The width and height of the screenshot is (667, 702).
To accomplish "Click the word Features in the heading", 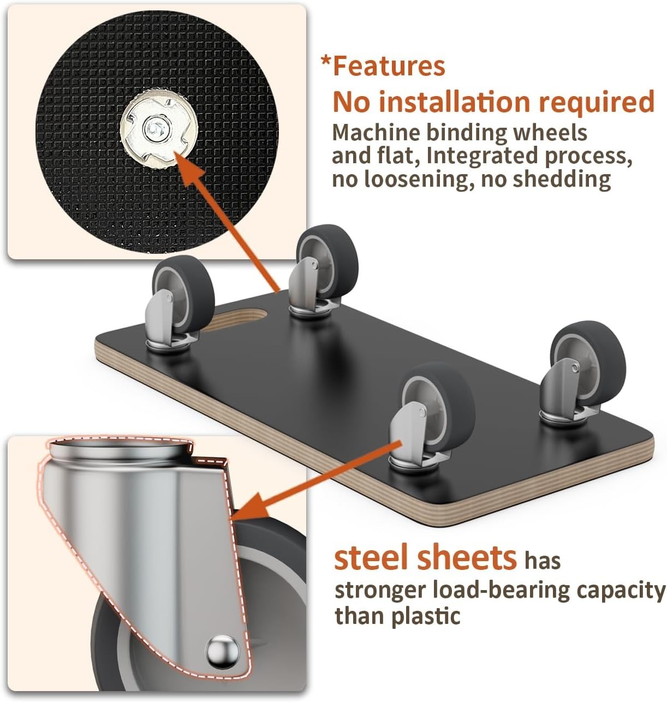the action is click(x=389, y=66).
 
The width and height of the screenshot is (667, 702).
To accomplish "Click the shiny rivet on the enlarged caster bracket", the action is click(x=222, y=652).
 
